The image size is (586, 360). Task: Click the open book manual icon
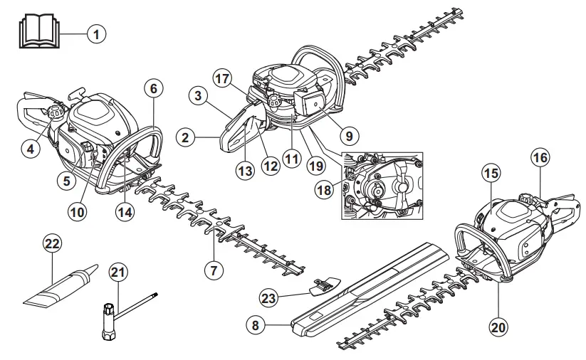(x=36, y=32)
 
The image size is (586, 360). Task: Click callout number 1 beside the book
(x=97, y=33)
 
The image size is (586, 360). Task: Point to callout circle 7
(x=213, y=270)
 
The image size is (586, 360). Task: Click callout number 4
(x=29, y=149)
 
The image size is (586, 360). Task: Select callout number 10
(x=78, y=211)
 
